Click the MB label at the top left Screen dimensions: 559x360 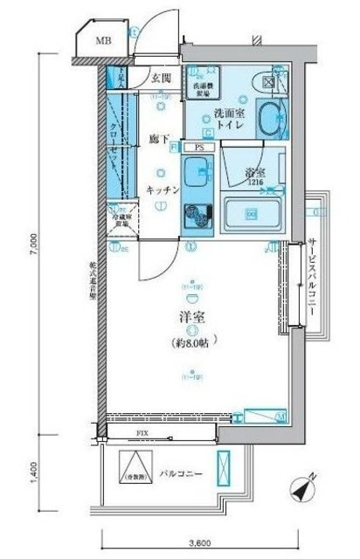pyautogui.click(x=103, y=40)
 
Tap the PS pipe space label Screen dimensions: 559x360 pyautogui.click(x=199, y=148)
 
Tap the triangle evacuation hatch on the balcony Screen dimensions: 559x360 pyautogui.click(x=134, y=472)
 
